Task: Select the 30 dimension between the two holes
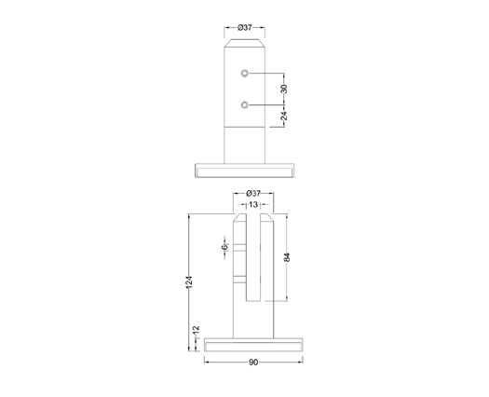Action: pyautogui.click(x=285, y=89)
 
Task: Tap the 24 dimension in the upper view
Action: pyautogui.click(x=285, y=116)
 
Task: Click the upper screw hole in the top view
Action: pyautogui.click(x=244, y=73)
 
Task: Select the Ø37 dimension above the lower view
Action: pyautogui.click(x=252, y=193)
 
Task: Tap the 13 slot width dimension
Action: pyautogui.click(x=252, y=204)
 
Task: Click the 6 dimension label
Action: pyautogui.click(x=224, y=247)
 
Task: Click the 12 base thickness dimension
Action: pyautogui.click(x=196, y=331)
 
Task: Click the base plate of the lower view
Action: pyautogui.click(x=253, y=346)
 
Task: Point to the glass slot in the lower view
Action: pyautogui.click(x=253, y=261)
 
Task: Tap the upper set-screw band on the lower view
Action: pyautogui.click(x=240, y=248)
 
